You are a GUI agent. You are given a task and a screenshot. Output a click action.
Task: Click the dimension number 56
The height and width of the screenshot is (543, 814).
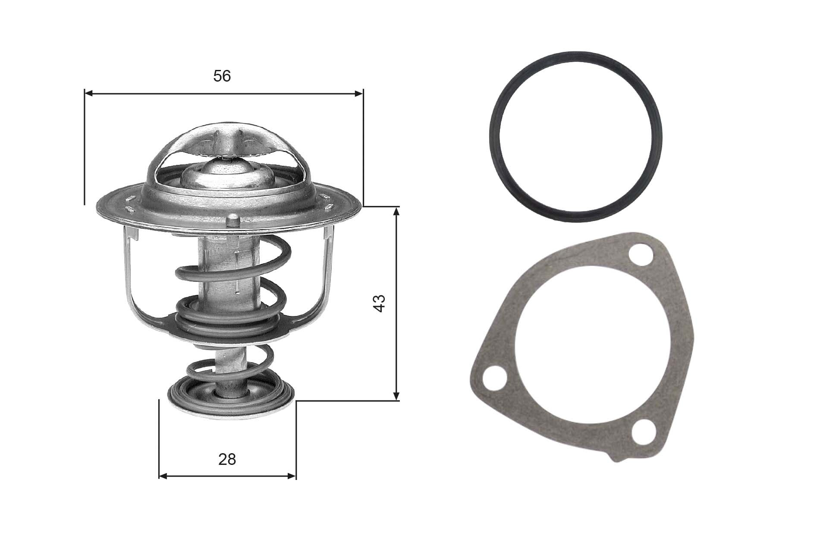click(222, 76)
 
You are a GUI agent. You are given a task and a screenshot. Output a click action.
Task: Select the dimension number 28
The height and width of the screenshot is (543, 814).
click(227, 459)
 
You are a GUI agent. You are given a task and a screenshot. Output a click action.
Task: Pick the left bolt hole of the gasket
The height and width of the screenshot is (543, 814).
click(493, 379)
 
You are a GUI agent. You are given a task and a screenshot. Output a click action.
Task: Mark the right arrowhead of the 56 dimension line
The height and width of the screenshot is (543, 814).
click(358, 93)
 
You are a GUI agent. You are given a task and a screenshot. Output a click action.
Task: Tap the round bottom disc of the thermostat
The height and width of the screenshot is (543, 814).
click(230, 395)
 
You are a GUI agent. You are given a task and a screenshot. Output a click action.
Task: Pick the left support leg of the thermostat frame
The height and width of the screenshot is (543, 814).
click(129, 276)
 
